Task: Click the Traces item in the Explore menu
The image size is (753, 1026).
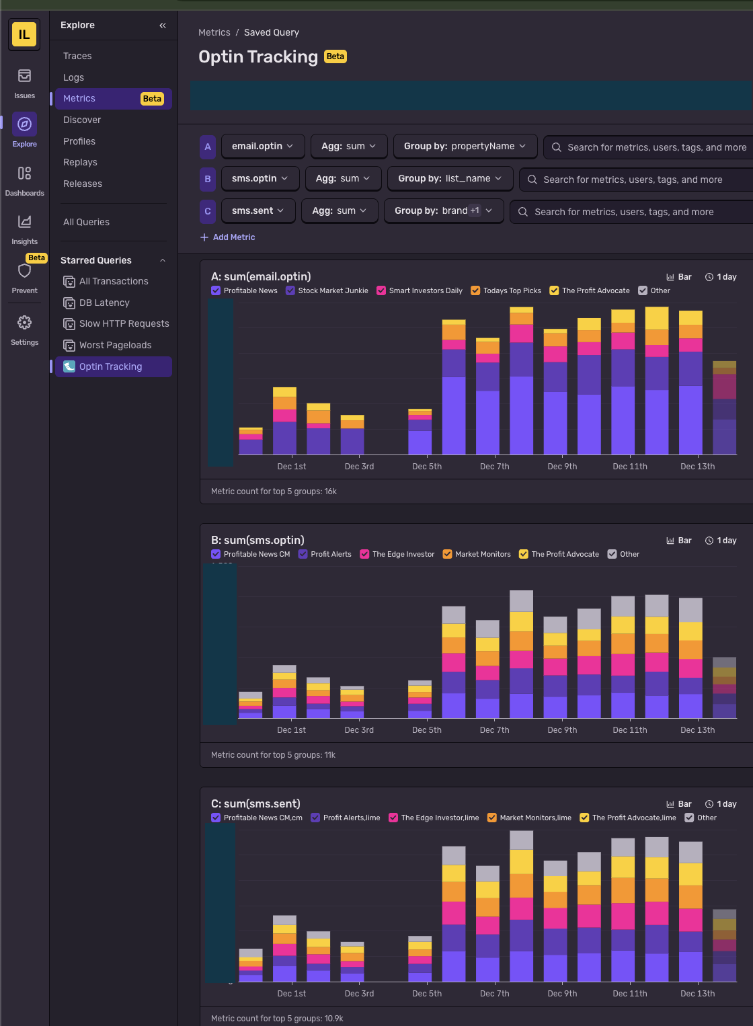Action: (x=77, y=56)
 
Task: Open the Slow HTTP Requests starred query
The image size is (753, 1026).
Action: (x=124, y=323)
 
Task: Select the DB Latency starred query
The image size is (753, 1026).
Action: (x=104, y=303)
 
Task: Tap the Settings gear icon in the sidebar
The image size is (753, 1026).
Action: (x=25, y=323)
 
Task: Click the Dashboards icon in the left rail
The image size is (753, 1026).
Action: (x=25, y=174)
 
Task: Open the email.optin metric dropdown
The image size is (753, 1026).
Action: (x=262, y=146)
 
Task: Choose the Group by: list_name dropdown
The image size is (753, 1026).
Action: (x=450, y=178)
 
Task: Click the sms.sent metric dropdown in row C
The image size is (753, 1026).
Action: (x=257, y=210)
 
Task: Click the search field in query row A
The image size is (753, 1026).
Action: (x=656, y=147)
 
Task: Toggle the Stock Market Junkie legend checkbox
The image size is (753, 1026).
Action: (x=290, y=290)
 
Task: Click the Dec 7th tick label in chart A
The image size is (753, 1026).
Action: (x=494, y=467)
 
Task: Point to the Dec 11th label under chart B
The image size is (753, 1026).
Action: (x=629, y=730)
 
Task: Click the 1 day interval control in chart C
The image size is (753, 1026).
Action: (x=721, y=804)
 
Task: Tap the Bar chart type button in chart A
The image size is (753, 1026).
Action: (x=679, y=277)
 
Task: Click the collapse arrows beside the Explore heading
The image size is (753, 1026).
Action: (x=163, y=26)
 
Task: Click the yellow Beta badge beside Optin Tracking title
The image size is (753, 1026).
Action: (x=335, y=56)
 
